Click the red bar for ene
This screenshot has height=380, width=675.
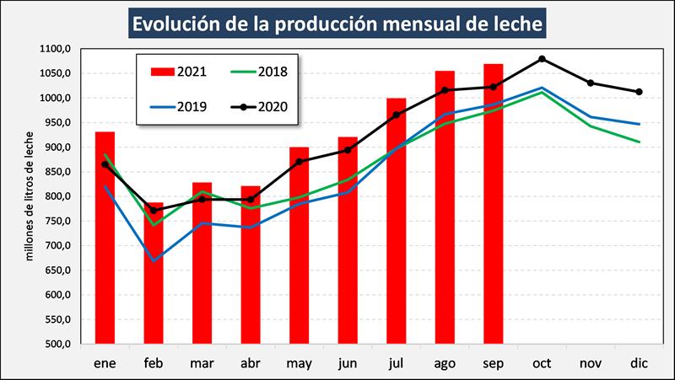click(105, 238)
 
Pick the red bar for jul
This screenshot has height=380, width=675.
click(396, 221)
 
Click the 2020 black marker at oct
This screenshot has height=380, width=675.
click(542, 59)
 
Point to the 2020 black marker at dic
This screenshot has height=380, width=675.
click(639, 92)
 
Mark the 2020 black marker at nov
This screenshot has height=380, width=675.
click(591, 83)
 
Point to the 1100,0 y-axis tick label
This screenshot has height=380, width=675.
click(55, 49)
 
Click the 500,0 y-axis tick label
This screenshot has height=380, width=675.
click(57, 344)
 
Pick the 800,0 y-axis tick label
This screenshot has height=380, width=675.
click(57, 196)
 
